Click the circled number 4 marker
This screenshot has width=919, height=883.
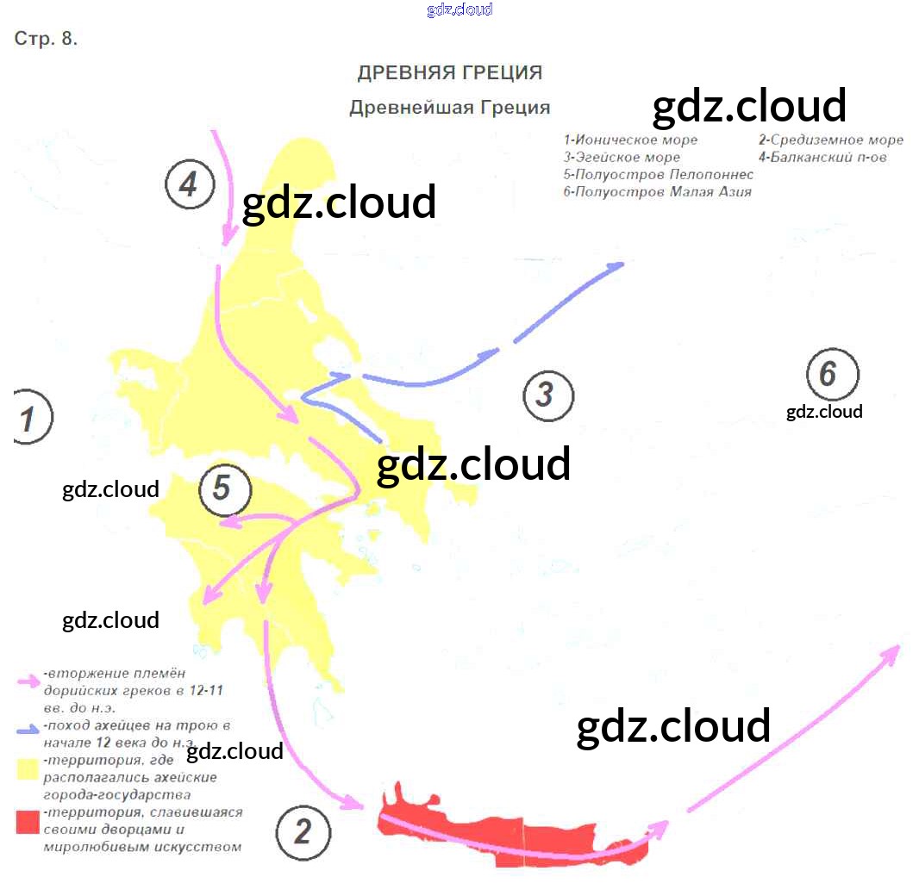click(190, 184)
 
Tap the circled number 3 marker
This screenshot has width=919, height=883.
click(548, 395)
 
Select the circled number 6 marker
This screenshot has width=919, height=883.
click(832, 374)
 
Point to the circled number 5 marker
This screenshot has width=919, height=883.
click(224, 489)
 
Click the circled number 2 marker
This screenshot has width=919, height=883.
click(303, 832)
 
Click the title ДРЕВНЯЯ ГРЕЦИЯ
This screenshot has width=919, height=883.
click(450, 72)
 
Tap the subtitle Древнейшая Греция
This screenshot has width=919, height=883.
click(449, 108)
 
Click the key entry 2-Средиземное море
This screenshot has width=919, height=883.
click(831, 140)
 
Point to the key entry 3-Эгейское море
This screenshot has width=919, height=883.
click(622, 158)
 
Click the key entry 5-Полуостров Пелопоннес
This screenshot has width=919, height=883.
click(658, 175)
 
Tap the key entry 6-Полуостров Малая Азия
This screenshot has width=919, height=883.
click(657, 192)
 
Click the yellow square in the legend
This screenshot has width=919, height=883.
click(28, 768)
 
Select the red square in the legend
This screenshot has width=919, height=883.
click(28, 822)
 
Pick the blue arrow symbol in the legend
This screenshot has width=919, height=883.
click(27, 730)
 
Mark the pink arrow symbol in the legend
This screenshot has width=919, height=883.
click(28, 680)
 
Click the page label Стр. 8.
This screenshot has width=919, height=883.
click(47, 40)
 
